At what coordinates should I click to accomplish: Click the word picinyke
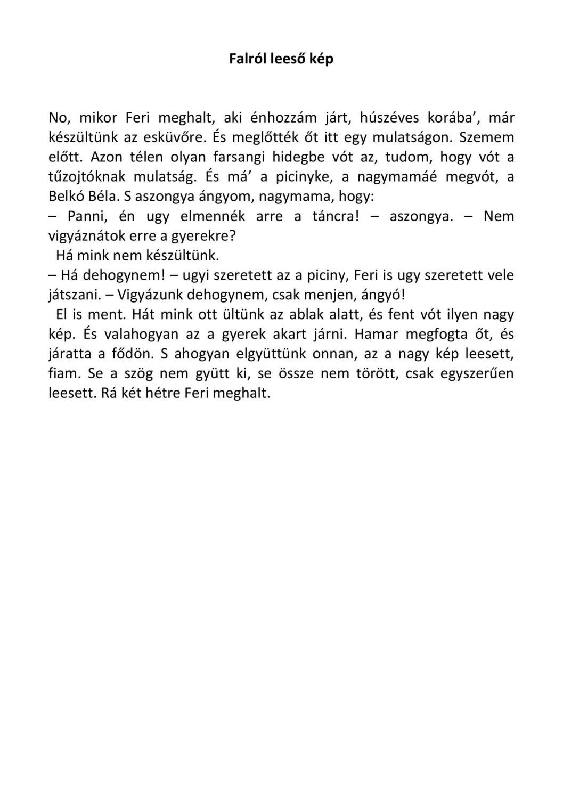305,177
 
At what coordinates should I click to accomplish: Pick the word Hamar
376,335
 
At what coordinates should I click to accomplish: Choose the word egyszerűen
477,374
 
